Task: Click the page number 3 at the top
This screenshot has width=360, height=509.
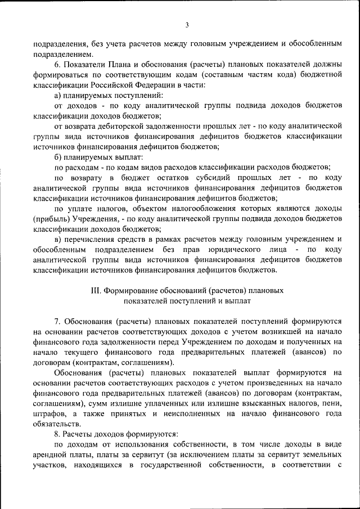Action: [x=186, y=24]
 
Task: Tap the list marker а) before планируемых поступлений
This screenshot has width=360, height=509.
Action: [x=58, y=95]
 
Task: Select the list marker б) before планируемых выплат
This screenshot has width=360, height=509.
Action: [x=58, y=156]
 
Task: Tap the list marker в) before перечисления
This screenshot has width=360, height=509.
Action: [x=58, y=238]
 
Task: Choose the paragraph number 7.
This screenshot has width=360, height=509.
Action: [x=57, y=321]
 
